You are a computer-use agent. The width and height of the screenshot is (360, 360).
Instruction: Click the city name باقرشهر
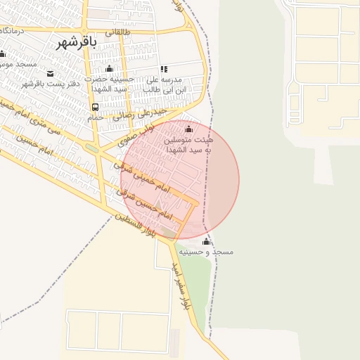tap(77, 40)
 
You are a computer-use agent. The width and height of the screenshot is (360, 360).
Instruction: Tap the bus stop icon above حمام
tap(94, 107)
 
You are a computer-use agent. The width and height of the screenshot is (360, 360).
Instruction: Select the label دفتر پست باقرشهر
tap(50, 84)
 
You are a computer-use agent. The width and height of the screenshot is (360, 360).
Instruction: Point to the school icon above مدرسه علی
tap(164, 69)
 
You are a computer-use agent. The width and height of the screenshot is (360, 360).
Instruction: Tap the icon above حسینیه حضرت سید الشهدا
tap(109, 69)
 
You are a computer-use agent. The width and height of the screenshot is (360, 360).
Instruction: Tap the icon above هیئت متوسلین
tap(188, 129)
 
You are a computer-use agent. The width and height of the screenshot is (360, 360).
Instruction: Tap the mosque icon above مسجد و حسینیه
tap(206, 242)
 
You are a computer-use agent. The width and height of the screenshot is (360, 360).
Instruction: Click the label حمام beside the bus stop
tap(95, 117)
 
